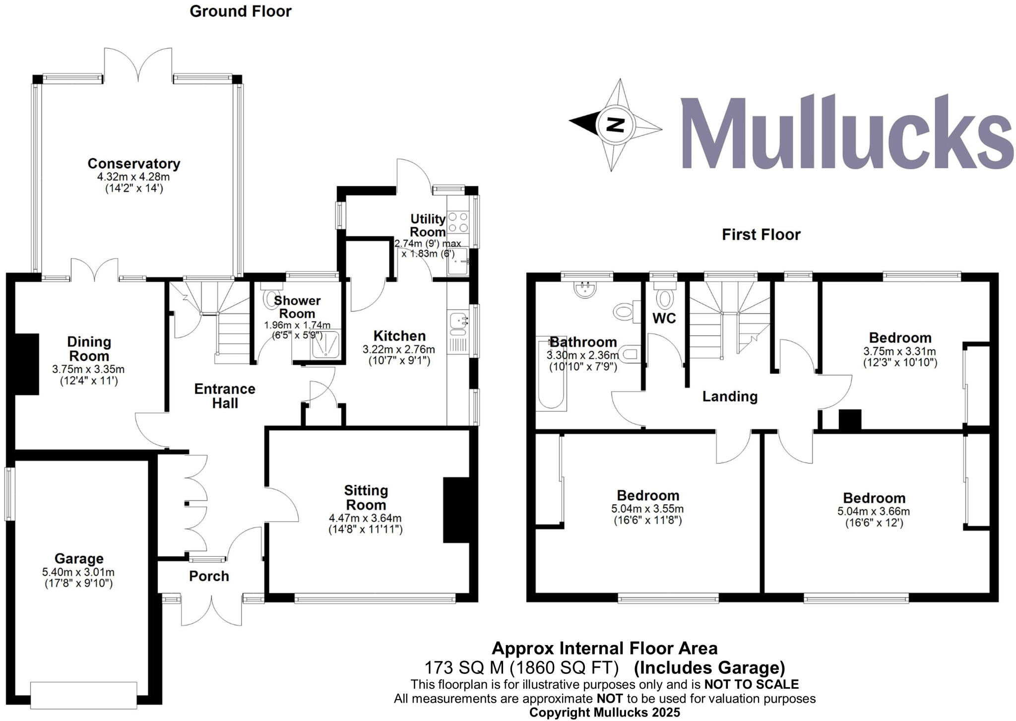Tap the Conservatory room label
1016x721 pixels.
click(x=134, y=163)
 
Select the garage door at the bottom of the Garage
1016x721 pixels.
click(x=83, y=695)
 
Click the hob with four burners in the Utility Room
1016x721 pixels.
click(x=458, y=222)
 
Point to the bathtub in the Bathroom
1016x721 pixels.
click(x=551, y=373)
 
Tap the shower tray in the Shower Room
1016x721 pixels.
click(x=325, y=344)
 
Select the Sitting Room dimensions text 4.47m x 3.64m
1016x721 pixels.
click(x=365, y=518)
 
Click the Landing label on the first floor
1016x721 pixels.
click(x=730, y=396)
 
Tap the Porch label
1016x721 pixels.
click(x=209, y=576)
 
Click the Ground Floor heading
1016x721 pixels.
click(x=241, y=11)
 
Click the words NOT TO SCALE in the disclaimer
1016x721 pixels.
click(x=751, y=685)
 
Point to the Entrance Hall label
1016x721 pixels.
click(x=225, y=395)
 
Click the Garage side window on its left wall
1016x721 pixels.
click(x=9, y=494)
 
